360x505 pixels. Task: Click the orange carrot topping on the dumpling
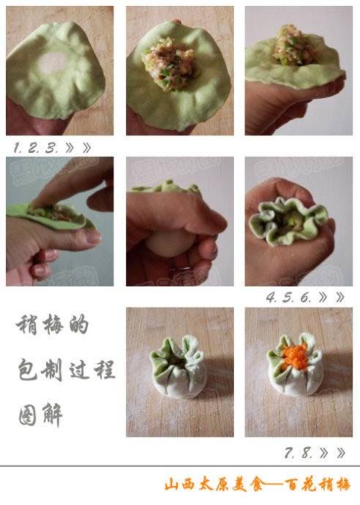(x=293, y=356)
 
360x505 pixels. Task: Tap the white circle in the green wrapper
(x=52, y=62)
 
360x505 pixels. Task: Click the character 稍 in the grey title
(x=27, y=325)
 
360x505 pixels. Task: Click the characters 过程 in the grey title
(x=92, y=370)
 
